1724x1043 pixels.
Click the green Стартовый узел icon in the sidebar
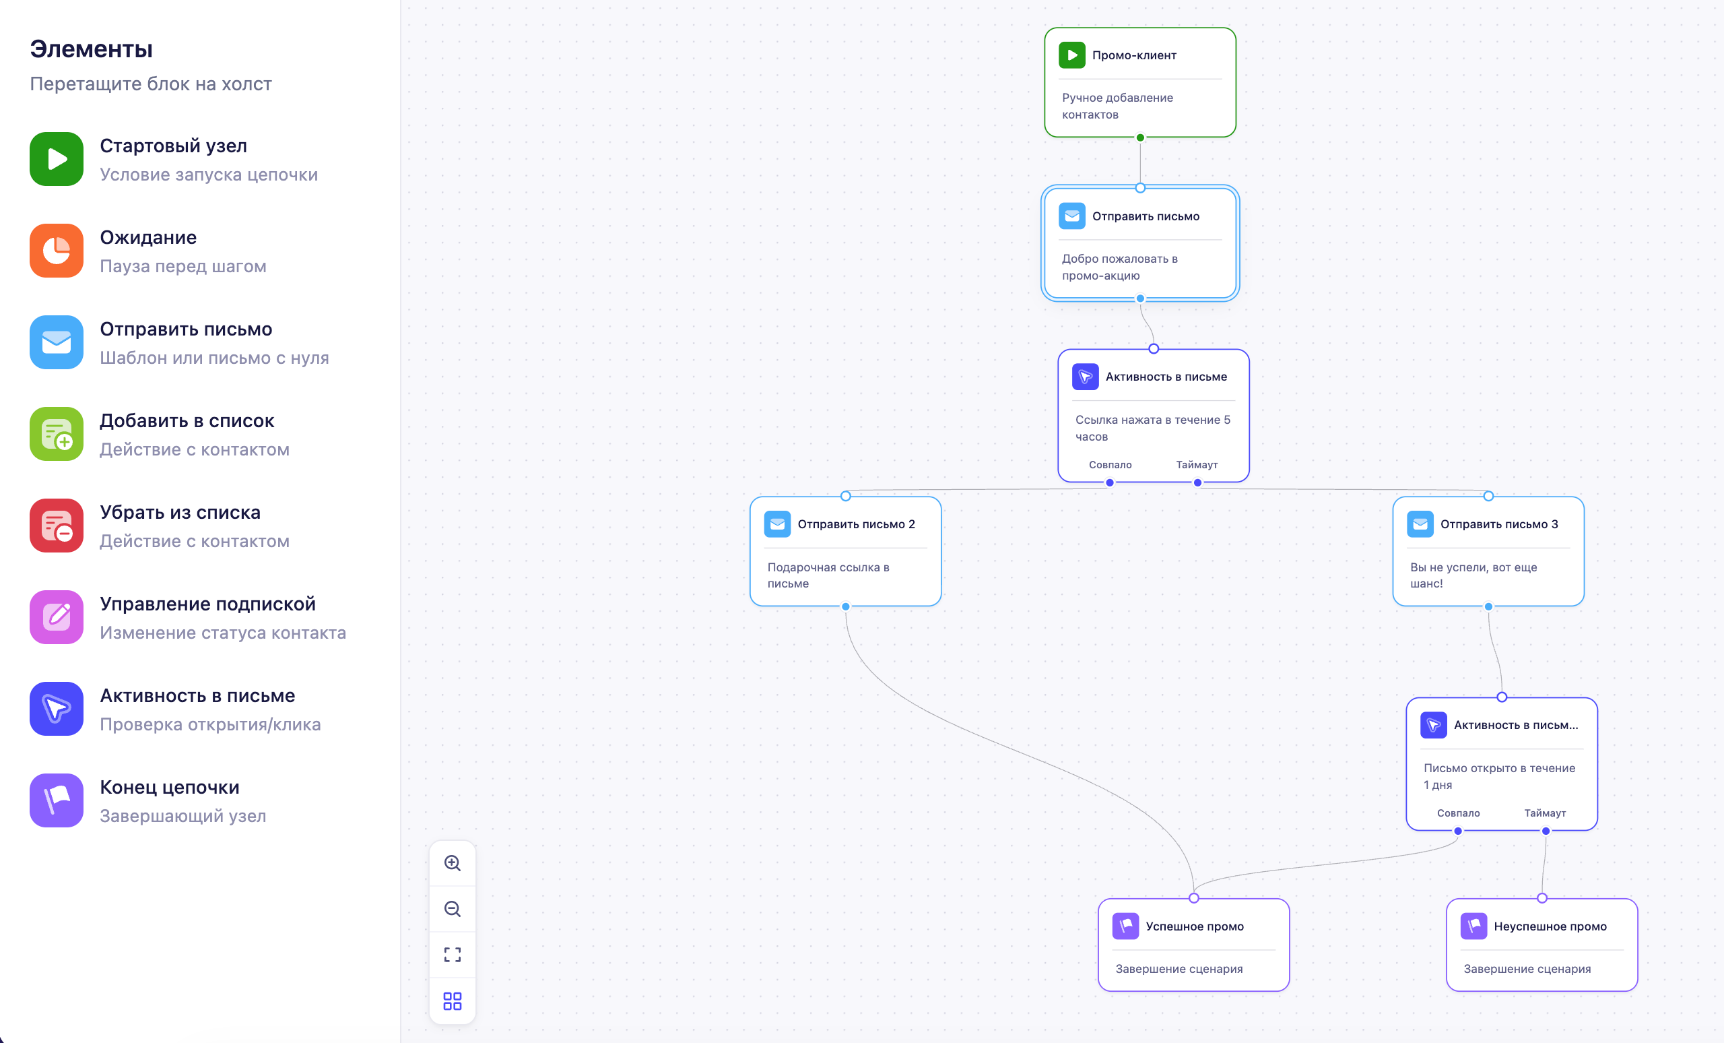(x=57, y=159)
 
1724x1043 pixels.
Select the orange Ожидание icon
(x=57, y=251)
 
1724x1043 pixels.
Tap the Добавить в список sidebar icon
(x=57, y=434)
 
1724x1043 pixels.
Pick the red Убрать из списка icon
(x=57, y=526)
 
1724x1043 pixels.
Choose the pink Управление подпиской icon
(x=57, y=617)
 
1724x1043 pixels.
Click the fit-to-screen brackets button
(x=453, y=955)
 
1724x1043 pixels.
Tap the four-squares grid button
(x=453, y=1001)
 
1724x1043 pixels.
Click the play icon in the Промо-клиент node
(x=1072, y=55)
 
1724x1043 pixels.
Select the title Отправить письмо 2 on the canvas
(x=857, y=524)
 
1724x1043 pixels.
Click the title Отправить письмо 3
(x=1499, y=524)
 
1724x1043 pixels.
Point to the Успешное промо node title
(x=1195, y=926)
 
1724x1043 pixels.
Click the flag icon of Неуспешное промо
(x=1474, y=926)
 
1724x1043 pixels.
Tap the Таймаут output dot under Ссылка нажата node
(x=1198, y=483)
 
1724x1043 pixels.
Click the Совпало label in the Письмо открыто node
(x=1459, y=813)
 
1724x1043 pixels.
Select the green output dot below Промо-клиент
(x=1141, y=138)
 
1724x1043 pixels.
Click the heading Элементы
(x=91, y=49)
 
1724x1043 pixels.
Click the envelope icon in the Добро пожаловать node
(x=1072, y=216)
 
